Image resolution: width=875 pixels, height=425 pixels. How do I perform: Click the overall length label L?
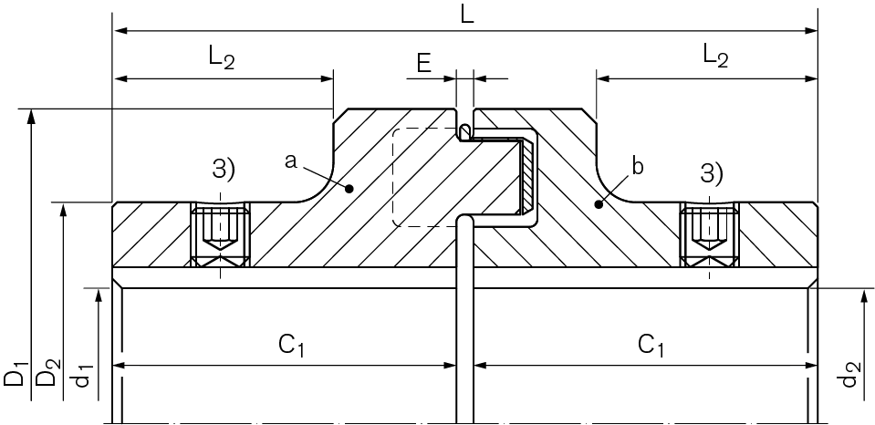pos(467,14)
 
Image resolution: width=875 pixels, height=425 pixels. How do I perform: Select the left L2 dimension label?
pos(222,57)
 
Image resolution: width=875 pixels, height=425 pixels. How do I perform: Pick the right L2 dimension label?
pos(715,57)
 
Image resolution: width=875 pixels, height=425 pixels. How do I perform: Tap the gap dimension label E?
pos(424,64)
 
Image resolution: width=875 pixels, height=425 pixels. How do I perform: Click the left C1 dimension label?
pos(291,346)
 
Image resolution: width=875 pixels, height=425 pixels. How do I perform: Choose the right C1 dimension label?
pos(651,346)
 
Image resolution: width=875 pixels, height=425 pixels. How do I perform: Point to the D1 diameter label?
pos(16,373)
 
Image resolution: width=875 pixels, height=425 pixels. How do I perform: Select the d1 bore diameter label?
pos(83,374)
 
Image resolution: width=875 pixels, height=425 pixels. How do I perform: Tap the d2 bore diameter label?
pos(849,374)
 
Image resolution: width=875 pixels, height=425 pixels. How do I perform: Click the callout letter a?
pos(290,161)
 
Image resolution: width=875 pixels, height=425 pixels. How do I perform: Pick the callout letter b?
pos(638,167)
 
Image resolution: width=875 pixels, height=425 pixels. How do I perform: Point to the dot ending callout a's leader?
pos(349,189)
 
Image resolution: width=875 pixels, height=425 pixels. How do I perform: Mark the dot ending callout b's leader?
pos(599,204)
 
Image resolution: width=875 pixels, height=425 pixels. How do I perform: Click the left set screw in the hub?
pos(221,234)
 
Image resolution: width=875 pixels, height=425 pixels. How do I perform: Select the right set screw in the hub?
pos(709,234)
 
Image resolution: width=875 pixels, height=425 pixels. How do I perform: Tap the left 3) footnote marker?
pos(224,169)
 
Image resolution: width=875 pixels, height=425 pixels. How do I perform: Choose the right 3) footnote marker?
pos(712,173)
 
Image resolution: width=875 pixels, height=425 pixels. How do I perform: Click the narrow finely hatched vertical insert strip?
pos(526,176)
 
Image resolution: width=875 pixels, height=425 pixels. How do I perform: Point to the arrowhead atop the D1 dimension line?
pos(31,116)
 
